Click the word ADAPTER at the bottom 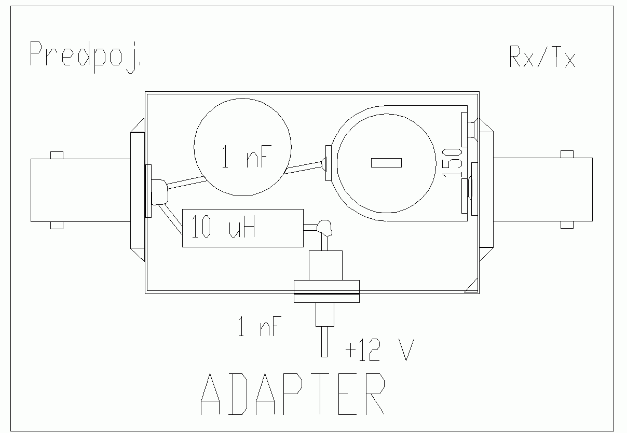point(293,394)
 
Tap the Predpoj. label point(86,54)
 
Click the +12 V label point(379,351)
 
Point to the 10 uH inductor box point(242,228)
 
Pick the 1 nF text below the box point(259,328)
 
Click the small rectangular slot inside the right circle point(386,163)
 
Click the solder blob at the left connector point(159,192)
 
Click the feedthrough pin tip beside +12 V point(324,342)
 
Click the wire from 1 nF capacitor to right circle point(304,167)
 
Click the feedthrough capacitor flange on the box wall point(326,290)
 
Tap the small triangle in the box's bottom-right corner point(472,287)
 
